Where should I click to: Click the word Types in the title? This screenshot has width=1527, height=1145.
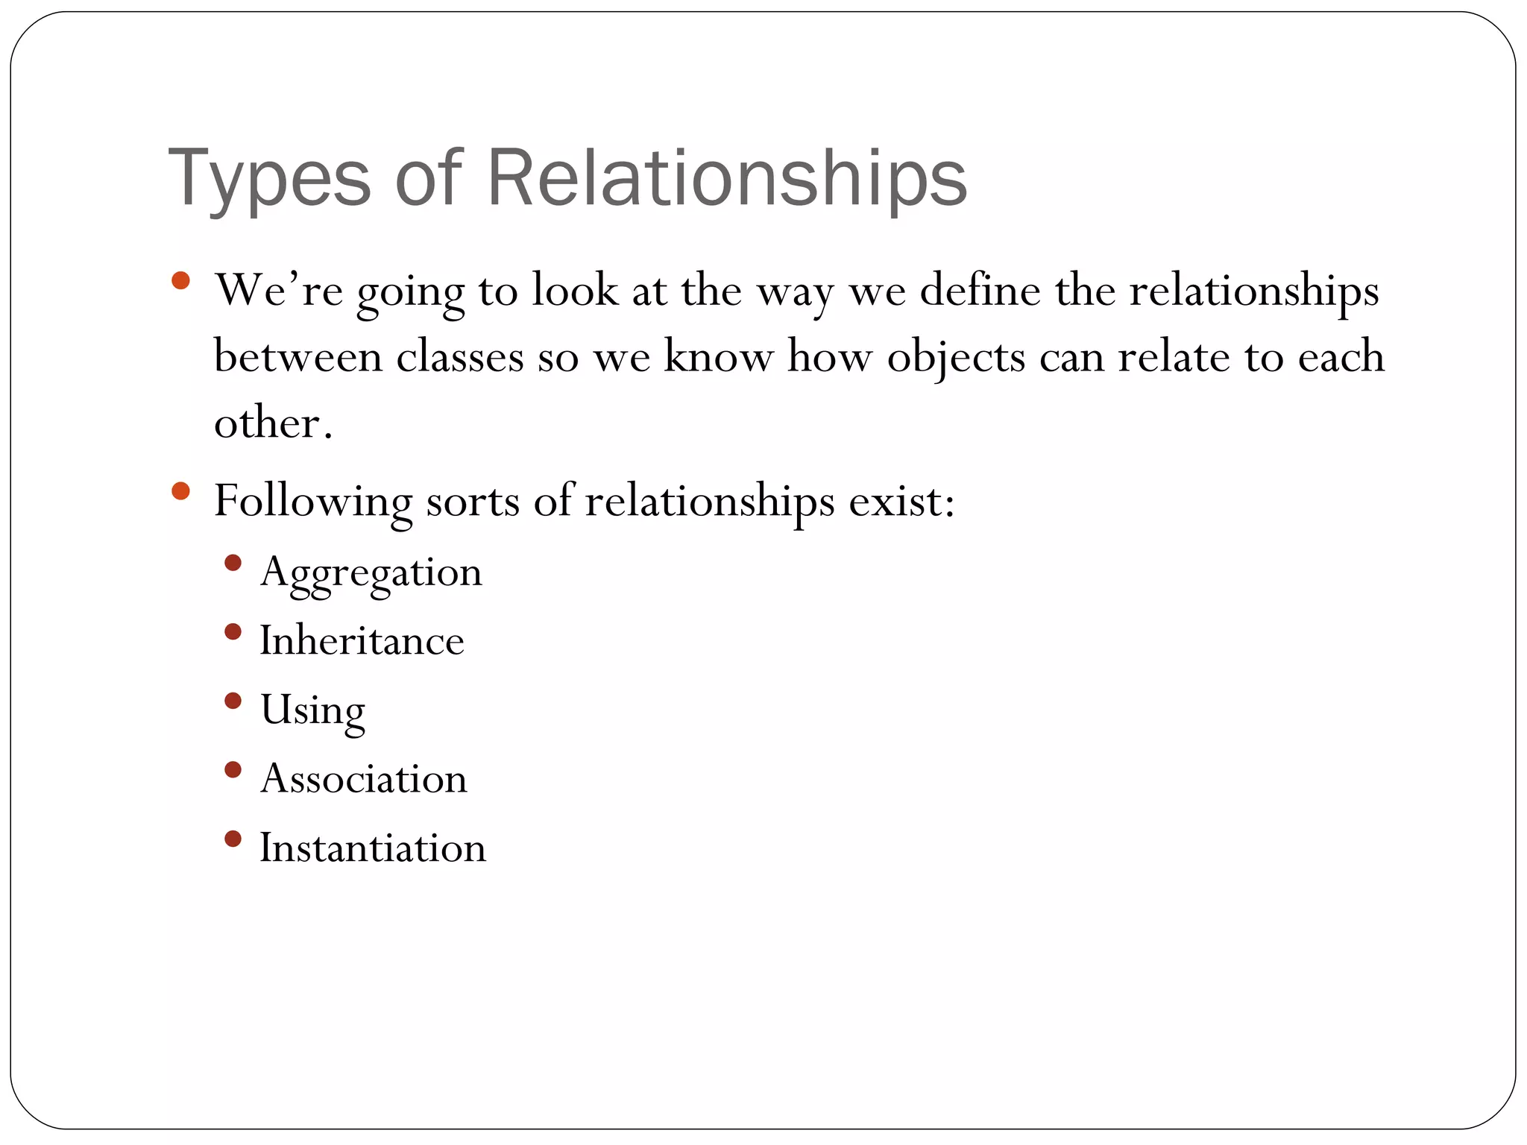[269, 179]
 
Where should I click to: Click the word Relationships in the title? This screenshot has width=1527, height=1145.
[727, 179]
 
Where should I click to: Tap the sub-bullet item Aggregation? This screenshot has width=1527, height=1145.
[371, 572]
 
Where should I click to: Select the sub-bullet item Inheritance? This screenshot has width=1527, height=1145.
[362, 641]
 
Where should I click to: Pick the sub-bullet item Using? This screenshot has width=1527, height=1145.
[312, 710]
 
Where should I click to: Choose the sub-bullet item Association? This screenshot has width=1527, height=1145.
[364, 779]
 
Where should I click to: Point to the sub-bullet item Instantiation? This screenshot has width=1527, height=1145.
[373, 848]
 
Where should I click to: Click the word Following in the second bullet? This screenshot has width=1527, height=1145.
[312, 501]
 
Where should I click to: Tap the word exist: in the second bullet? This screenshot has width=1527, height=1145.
[901, 501]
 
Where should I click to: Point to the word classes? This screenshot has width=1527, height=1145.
[459, 356]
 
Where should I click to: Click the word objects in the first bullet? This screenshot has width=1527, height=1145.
[956, 356]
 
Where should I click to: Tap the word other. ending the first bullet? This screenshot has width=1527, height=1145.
[273, 423]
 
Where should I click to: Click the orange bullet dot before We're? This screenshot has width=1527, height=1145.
[180, 281]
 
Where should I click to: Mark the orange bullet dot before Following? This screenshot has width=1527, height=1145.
[180, 491]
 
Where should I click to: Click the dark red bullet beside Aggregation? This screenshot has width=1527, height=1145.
[233, 563]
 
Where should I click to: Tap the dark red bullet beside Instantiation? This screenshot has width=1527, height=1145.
[233, 839]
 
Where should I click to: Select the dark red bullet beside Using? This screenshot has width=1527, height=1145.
[233, 701]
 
